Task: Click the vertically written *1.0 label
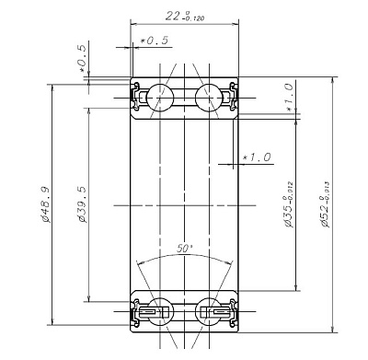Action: pyautogui.click(x=288, y=95)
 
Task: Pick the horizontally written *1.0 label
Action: pyautogui.click(x=256, y=157)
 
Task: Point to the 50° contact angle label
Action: pyautogui.click(x=184, y=249)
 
